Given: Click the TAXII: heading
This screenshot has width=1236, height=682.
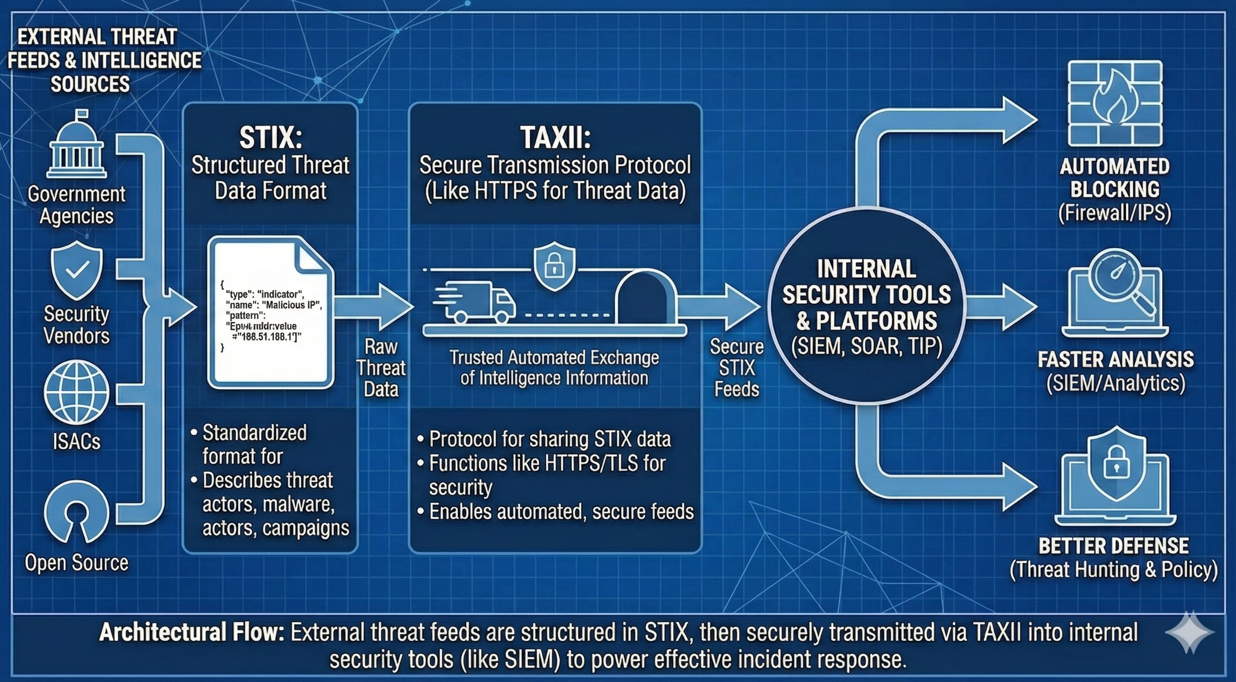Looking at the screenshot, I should click(555, 138).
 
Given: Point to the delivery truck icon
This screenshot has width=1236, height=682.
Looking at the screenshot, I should click(475, 301).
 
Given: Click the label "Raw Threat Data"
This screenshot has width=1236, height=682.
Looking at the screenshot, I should click(381, 368).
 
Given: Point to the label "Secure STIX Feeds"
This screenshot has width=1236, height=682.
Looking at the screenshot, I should click(737, 368).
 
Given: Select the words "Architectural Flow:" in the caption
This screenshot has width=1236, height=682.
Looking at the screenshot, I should click(192, 633).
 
